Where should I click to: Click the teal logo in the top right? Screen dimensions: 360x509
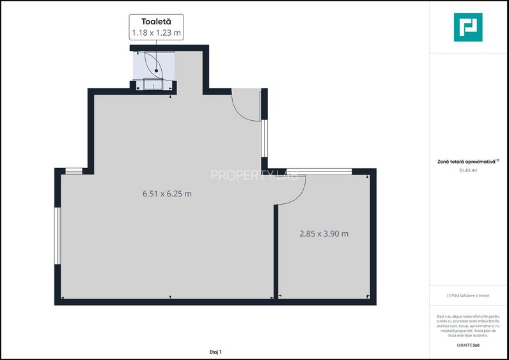(x=468, y=27)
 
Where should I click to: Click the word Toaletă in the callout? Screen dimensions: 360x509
(x=156, y=22)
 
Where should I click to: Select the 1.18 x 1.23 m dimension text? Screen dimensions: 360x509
(x=156, y=32)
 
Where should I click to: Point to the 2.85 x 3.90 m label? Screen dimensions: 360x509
(x=324, y=233)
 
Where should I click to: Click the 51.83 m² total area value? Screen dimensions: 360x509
(x=468, y=170)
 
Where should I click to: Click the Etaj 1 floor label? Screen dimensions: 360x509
(x=215, y=352)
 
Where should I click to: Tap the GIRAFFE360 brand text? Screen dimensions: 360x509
(x=467, y=345)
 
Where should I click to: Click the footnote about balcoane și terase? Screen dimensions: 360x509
(x=468, y=295)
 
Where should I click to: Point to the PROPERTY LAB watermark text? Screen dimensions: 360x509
(x=254, y=175)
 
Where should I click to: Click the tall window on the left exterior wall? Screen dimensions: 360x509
(x=58, y=235)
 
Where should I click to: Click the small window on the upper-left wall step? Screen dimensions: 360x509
(x=74, y=171)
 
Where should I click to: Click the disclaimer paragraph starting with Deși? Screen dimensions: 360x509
(x=468, y=325)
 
